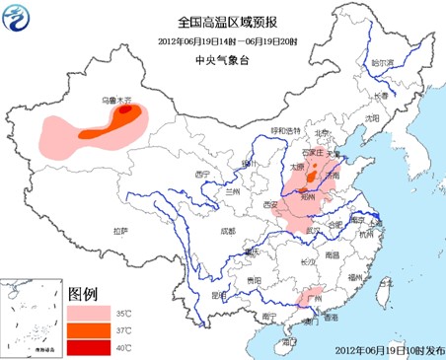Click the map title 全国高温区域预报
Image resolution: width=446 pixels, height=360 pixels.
[x=222, y=21]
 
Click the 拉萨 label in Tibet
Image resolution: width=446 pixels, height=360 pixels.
[x=120, y=230]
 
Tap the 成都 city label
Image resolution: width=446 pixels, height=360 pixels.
[x=228, y=231]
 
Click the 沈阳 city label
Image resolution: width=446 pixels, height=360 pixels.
[x=371, y=117]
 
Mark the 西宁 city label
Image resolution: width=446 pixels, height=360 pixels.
[x=204, y=174]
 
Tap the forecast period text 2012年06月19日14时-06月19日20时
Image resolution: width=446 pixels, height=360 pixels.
[x=222, y=40]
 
